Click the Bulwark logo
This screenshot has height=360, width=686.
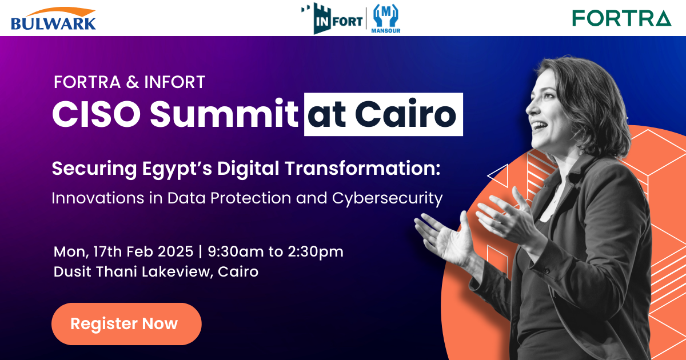(x=53, y=18)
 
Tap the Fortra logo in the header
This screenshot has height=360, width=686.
(x=621, y=18)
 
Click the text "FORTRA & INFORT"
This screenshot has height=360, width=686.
(x=129, y=82)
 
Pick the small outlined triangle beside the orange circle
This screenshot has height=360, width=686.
(x=498, y=177)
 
